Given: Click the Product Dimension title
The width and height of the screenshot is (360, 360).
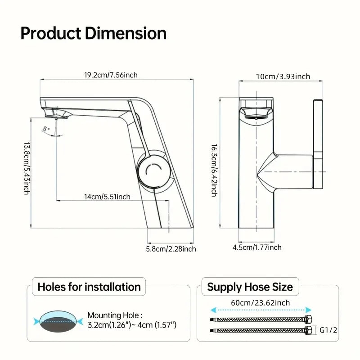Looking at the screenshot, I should [93, 33].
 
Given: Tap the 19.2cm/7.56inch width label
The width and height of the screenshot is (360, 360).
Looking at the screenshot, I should [111, 75].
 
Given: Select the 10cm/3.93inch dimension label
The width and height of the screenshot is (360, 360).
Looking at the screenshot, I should [283, 76].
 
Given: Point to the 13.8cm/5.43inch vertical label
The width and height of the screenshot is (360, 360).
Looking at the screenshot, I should [27, 168].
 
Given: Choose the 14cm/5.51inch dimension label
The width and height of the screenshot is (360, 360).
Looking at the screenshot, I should [107, 196].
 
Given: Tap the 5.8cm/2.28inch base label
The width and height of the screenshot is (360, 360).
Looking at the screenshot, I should [171, 248].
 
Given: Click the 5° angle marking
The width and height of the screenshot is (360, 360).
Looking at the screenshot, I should [45, 129].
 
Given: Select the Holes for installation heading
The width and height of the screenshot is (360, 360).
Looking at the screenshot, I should [89, 287].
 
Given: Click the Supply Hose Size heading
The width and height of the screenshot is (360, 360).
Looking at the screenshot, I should [250, 287].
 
